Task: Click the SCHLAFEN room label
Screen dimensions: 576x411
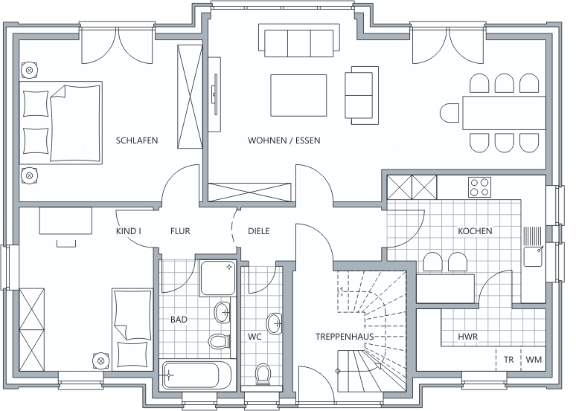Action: coord(137,140)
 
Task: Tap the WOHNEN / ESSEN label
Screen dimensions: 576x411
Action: coord(284,140)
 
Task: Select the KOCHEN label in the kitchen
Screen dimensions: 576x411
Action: coord(475,231)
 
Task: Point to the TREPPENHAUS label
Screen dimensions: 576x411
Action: coord(345,337)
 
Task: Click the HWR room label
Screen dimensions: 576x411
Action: coord(467,337)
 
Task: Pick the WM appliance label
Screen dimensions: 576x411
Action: coord(534,360)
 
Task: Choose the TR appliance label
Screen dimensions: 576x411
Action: coord(509,360)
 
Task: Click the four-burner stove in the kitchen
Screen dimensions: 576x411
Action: coord(479,187)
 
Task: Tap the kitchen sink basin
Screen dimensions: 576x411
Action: coord(533,256)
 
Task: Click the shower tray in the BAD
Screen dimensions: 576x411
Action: coord(217,278)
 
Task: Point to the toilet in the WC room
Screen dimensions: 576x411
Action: coord(263,374)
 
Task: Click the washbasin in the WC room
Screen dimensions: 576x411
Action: coord(275,323)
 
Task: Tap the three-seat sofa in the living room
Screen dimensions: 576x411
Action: coord(299,40)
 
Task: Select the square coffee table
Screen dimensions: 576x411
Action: coord(298,95)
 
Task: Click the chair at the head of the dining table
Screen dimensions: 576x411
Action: coord(449,113)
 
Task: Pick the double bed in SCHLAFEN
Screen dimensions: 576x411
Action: coord(60,123)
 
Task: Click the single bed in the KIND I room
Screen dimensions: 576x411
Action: coord(132,329)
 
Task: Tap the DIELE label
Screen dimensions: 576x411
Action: coord(259,231)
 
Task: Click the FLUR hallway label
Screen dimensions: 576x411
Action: coord(180,231)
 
